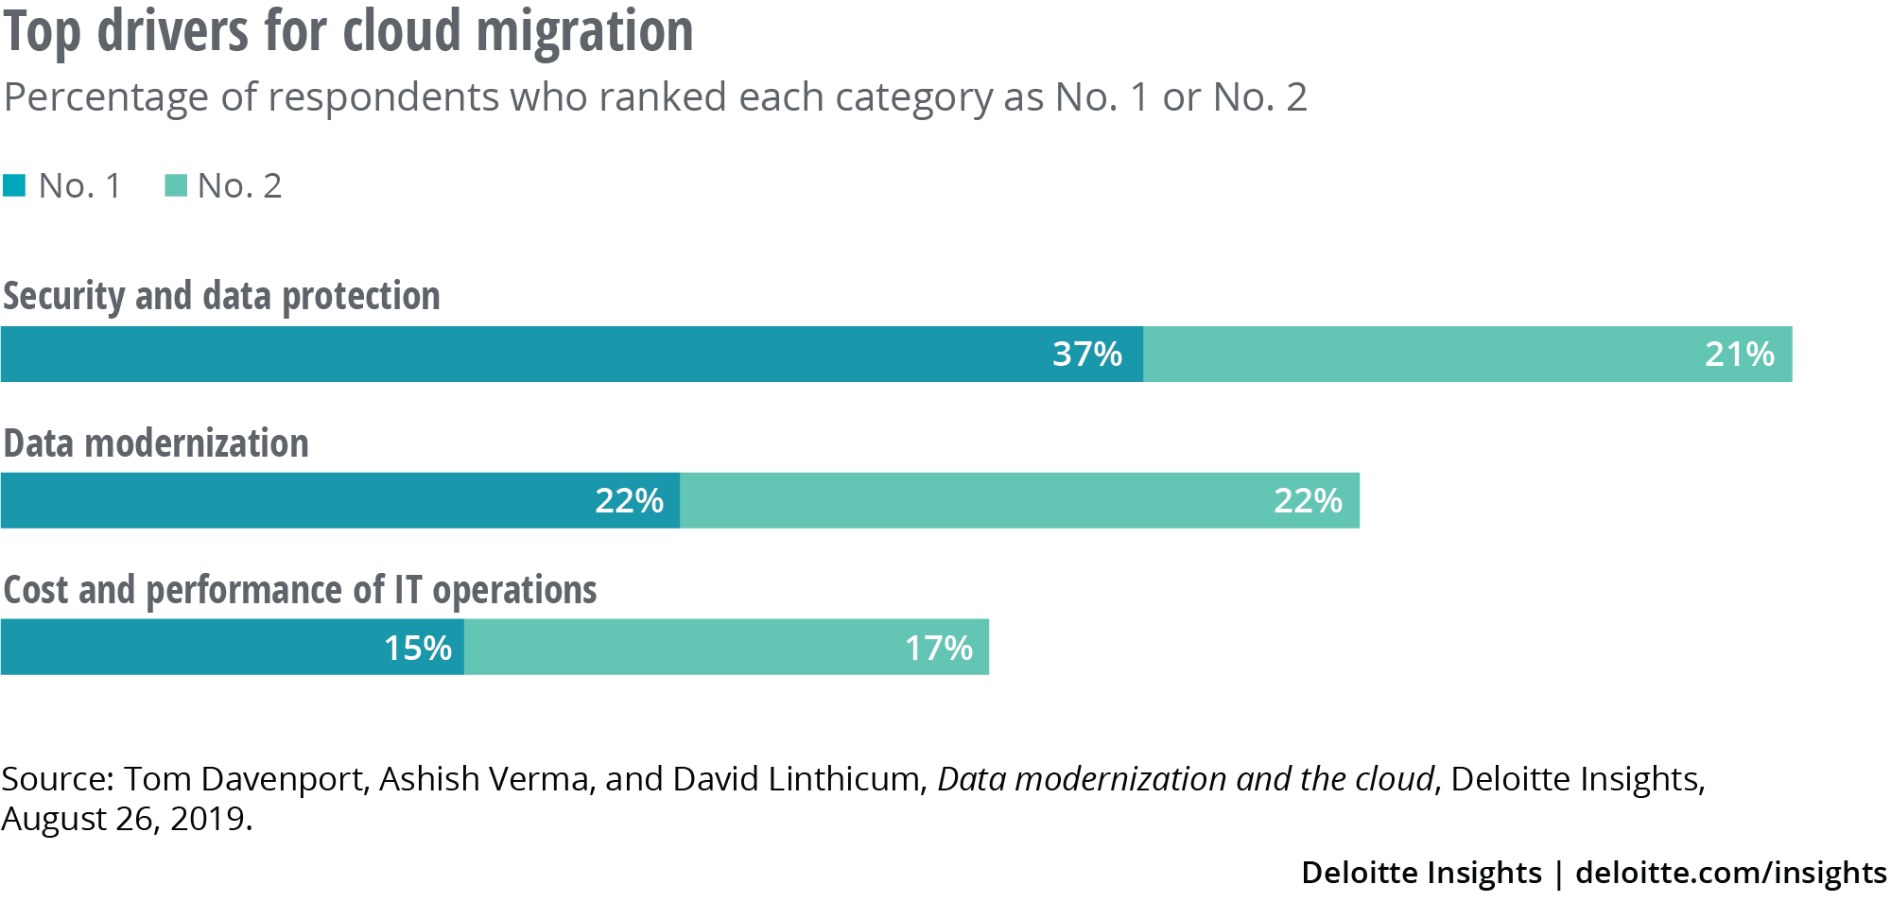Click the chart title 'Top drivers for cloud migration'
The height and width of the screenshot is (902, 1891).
pos(348,30)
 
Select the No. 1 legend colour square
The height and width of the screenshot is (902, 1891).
pos(14,185)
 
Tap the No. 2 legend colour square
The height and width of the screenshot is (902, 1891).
pos(176,185)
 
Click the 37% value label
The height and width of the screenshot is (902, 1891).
pos(1086,355)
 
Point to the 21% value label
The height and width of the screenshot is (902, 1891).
pos(1739,355)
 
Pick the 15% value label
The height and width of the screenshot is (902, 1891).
pos(417,648)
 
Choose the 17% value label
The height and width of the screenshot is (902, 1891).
pos(938,648)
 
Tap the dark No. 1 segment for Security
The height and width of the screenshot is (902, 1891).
pos(520,355)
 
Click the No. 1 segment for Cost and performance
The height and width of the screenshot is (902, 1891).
pos(189,648)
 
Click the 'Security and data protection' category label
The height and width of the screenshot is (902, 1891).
pos(221,296)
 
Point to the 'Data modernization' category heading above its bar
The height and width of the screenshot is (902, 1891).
pos(156,443)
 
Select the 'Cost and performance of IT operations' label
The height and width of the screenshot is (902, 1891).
pos(300,590)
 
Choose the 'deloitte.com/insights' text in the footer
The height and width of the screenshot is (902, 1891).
pos(1730,872)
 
